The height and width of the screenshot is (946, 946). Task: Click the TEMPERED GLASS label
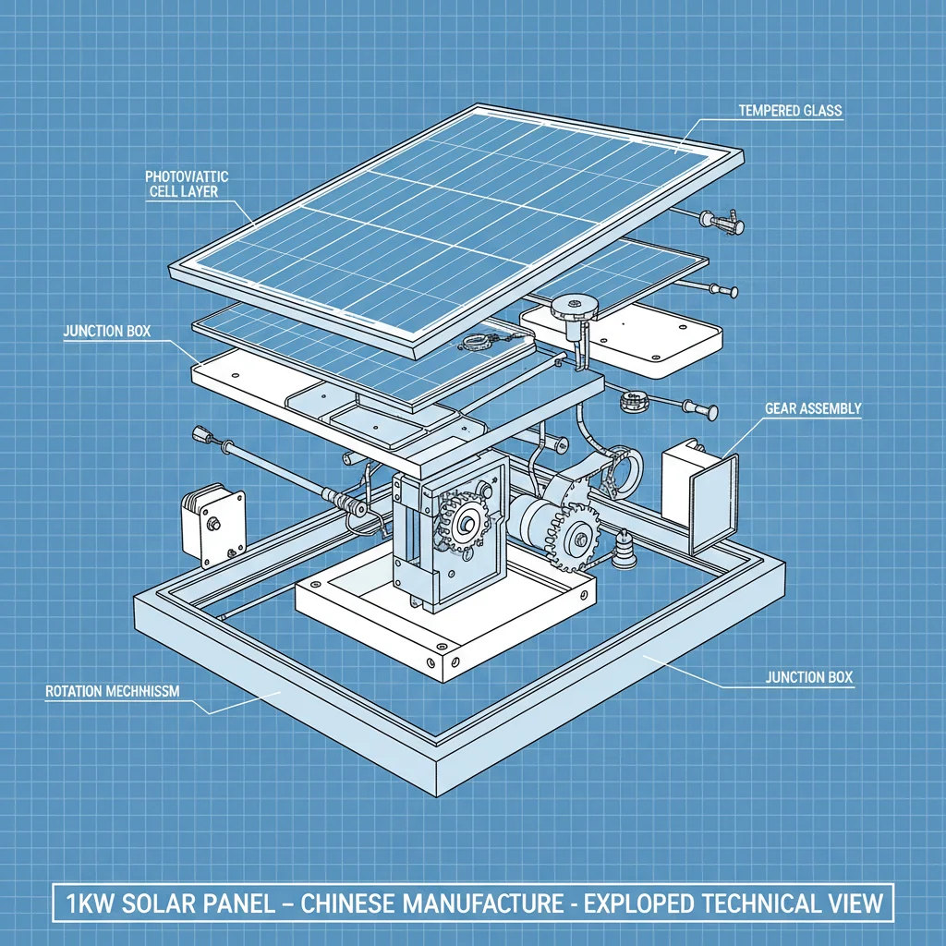(790, 111)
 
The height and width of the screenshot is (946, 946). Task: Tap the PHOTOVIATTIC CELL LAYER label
(188, 183)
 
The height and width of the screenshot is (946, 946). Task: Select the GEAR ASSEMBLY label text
(813, 407)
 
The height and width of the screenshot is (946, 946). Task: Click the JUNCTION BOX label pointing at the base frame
(809, 677)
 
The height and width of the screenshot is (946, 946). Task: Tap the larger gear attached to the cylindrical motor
(574, 533)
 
